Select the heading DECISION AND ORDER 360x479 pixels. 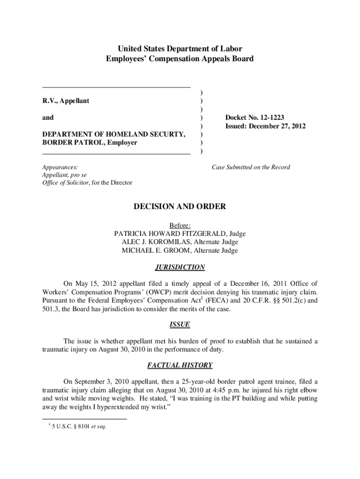pos(180,206)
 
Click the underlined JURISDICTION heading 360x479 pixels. pos(180,268)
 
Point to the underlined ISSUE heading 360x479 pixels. pos(180,324)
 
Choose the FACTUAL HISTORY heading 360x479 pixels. pos(180,365)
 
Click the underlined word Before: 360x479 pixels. pos(180,225)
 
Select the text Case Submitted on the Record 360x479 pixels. pos(251,167)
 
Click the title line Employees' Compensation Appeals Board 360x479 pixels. pos(180,59)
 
